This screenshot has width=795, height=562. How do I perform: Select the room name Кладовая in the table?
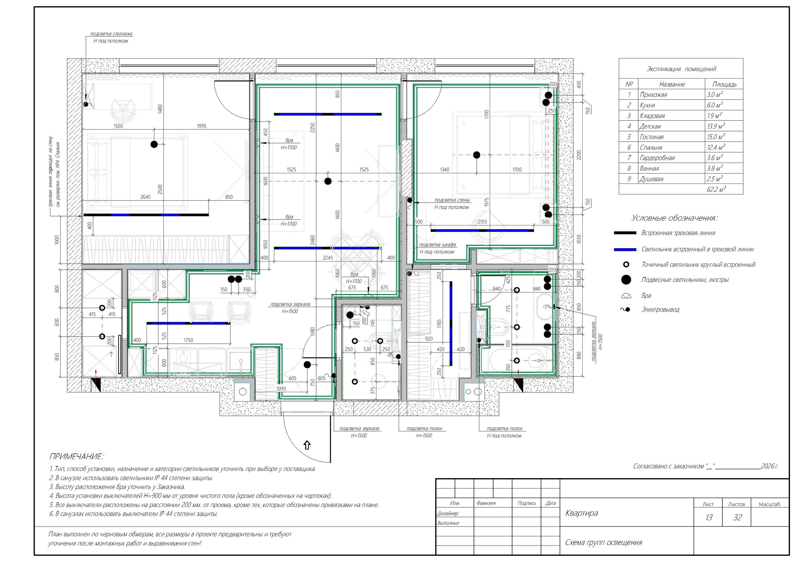[x=652, y=116]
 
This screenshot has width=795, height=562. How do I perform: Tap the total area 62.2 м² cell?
[x=716, y=189]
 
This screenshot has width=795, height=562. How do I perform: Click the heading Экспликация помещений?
[x=681, y=69]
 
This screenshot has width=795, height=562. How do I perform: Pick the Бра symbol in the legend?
[x=626, y=296]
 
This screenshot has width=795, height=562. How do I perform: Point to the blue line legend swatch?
[x=625, y=249]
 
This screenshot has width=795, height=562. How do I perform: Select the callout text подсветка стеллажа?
[x=111, y=34]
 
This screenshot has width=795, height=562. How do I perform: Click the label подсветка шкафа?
[x=437, y=244]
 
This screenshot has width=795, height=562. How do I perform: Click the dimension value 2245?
[x=328, y=258]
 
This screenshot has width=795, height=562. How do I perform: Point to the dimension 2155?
[x=482, y=222]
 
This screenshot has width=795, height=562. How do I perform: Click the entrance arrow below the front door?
[x=307, y=445]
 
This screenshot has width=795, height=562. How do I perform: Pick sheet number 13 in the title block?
[x=709, y=517]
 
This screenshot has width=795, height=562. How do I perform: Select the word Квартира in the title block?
[x=581, y=513]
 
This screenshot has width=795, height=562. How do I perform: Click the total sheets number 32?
[x=738, y=517]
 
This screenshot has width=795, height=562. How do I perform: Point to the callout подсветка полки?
[x=424, y=428]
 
